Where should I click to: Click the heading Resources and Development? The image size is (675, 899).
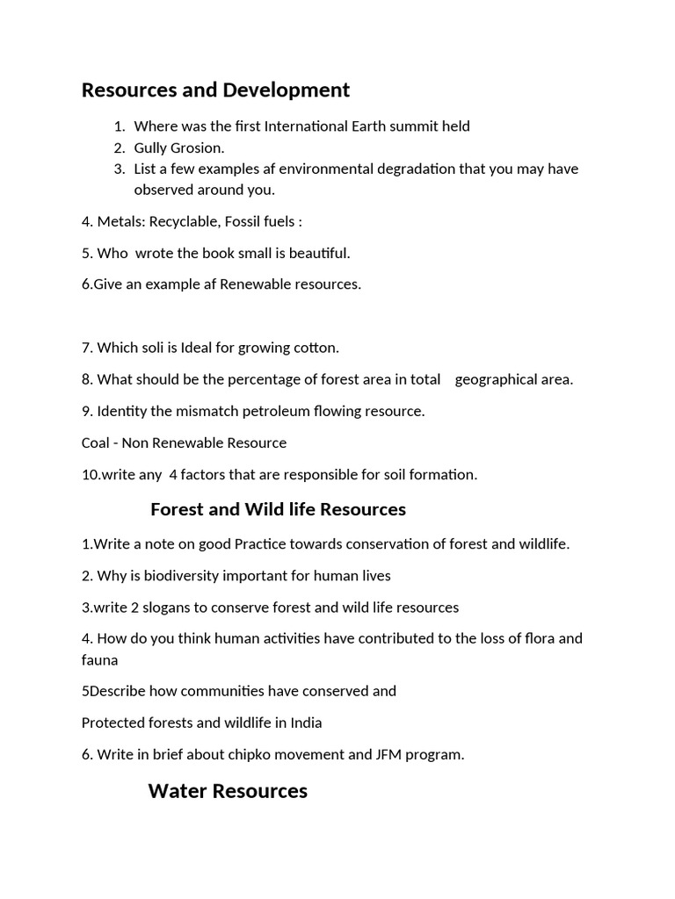215,90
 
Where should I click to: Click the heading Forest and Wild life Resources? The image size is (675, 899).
278,509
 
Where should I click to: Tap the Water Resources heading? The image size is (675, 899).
228,791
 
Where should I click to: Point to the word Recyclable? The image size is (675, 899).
180,221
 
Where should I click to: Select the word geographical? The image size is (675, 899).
513,379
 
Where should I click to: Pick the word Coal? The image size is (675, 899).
96,442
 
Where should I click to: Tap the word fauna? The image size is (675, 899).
99,658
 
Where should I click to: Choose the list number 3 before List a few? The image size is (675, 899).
120,169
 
